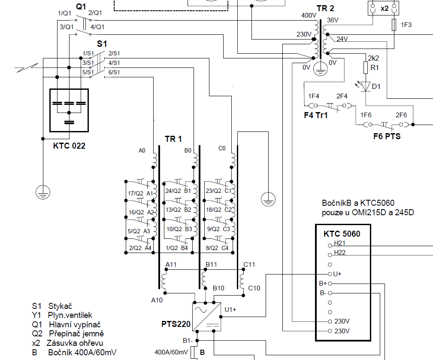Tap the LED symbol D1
(x=366, y=86)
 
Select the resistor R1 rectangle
(x=366, y=68)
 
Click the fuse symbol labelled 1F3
(x=394, y=25)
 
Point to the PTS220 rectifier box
(x=206, y=317)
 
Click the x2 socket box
(x=384, y=8)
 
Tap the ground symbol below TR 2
(x=320, y=69)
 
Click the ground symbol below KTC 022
(x=43, y=192)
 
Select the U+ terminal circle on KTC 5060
(x=330, y=274)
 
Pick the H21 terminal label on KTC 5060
(x=339, y=243)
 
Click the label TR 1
(x=173, y=139)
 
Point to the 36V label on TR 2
(x=333, y=20)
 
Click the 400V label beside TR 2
(x=309, y=15)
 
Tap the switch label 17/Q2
(x=135, y=193)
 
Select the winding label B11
(x=211, y=265)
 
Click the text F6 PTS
(x=387, y=136)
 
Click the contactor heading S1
(x=102, y=44)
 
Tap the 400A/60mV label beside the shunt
(x=171, y=352)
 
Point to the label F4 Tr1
(x=316, y=115)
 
